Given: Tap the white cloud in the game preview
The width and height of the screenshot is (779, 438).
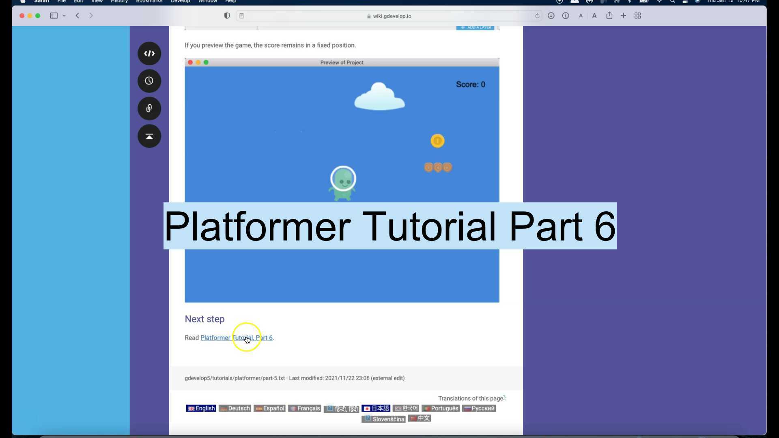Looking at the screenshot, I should point(379,98).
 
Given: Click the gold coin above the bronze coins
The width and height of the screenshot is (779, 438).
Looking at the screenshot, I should point(437,141).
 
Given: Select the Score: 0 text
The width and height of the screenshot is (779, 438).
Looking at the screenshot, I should point(470,84).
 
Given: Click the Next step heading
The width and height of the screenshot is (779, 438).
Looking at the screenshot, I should point(204,319).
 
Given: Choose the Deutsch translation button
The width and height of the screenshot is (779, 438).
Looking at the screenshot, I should point(235,408).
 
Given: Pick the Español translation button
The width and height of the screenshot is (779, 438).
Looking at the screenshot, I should point(270,408).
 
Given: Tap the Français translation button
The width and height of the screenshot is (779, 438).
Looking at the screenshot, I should point(305,408).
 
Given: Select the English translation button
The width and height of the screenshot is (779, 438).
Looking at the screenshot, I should point(201,408).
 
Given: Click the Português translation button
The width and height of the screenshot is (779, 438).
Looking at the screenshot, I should point(440,408).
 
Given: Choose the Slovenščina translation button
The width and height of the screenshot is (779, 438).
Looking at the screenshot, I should point(383,419).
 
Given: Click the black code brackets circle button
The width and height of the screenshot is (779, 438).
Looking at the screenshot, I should point(149,54).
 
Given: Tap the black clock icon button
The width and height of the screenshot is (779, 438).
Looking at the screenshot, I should point(149,81).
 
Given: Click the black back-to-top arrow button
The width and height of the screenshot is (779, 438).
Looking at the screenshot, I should point(149,136).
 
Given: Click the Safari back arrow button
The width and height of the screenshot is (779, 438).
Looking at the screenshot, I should point(77,16).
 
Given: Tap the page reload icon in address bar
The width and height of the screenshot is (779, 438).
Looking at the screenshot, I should point(537,16).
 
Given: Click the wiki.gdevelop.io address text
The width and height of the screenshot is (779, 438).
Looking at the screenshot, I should point(392,16).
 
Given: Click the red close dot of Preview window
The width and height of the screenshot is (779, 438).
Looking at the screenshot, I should point(190,62).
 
